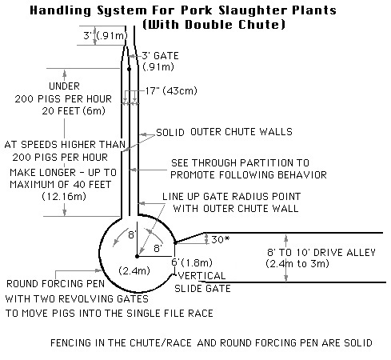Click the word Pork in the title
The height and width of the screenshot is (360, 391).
(197, 10)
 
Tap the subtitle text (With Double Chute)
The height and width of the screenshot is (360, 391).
(214, 25)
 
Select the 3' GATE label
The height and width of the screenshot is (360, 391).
(160, 56)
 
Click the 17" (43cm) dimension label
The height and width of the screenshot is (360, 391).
(171, 91)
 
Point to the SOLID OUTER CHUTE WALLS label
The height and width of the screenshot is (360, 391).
(224, 132)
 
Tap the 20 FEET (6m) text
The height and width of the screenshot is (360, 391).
(74, 110)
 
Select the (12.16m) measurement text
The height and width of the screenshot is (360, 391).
(64, 197)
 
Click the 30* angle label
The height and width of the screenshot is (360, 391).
(220, 239)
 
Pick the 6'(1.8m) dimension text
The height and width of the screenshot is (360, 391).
(192, 262)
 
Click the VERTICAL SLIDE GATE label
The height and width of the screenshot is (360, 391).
(202, 282)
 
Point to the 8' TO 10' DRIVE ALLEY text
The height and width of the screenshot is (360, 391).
(321, 252)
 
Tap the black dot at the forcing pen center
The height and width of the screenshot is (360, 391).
(137, 256)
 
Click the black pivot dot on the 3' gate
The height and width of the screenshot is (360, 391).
(129, 69)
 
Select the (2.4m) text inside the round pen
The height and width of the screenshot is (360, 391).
(134, 271)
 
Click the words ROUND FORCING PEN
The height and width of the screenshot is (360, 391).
(55, 284)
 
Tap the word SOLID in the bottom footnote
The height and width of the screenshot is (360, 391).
(358, 342)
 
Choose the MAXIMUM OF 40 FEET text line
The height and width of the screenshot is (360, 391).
(60, 185)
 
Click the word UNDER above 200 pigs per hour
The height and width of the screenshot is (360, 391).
(64, 86)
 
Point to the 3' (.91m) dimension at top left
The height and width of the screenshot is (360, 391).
(106, 35)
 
